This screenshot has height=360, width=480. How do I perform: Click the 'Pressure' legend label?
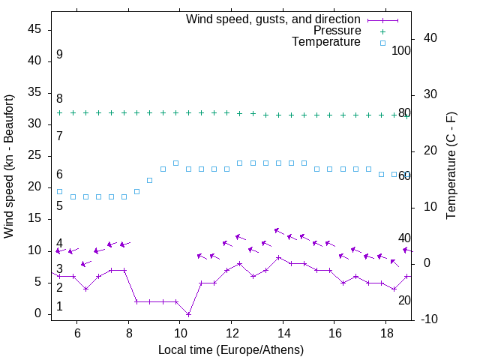point(337,31)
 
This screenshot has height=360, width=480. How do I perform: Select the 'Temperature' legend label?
point(326,43)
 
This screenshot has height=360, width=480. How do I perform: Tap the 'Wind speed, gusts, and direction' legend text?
point(274,19)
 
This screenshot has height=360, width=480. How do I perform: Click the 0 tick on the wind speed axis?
point(40,313)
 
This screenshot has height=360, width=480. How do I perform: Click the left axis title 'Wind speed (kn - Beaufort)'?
point(9,166)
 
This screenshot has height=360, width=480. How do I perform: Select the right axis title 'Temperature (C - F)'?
point(451,166)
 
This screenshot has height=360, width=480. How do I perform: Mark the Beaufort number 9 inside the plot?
point(59,55)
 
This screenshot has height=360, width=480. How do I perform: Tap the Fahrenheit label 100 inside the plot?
point(401,51)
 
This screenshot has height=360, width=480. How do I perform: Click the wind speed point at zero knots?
point(189,313)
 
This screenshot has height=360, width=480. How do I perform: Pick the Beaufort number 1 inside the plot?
point(59,307)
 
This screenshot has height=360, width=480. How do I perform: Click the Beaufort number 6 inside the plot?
point(59,175)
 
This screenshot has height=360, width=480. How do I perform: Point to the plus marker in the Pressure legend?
point(382,31)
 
